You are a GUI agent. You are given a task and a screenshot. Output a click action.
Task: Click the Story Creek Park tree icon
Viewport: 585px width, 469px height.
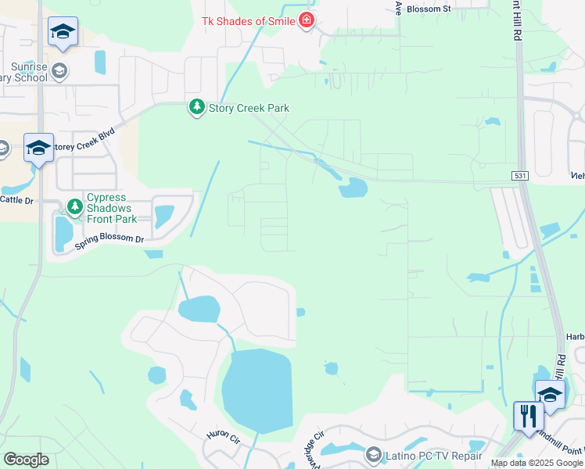pos(197,107)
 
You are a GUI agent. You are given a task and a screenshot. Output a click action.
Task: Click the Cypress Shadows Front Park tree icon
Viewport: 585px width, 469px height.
pos(75,207)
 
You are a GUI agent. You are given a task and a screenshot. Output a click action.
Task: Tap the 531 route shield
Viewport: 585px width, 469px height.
pos(519,176)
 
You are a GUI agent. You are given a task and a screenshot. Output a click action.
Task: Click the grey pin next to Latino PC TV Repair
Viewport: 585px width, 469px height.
pos(373,454)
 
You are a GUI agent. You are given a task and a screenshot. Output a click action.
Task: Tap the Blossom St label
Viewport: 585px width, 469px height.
pos(436,9)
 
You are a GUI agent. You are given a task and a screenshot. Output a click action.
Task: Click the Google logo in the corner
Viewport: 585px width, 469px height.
pos(26,459)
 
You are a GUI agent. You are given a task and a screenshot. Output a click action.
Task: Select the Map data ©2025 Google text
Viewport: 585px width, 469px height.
pos(537,463)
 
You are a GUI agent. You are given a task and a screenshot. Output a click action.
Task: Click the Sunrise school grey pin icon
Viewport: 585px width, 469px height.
pos(59,73)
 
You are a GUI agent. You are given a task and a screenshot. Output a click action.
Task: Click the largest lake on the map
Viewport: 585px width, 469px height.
pos(257,388)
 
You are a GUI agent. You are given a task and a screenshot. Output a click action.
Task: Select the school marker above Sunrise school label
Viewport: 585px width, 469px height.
pos(63,31)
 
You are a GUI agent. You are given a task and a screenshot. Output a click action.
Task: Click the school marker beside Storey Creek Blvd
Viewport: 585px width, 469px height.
pos(38,148)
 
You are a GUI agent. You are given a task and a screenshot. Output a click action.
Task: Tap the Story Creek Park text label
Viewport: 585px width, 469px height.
pos(249,108)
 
